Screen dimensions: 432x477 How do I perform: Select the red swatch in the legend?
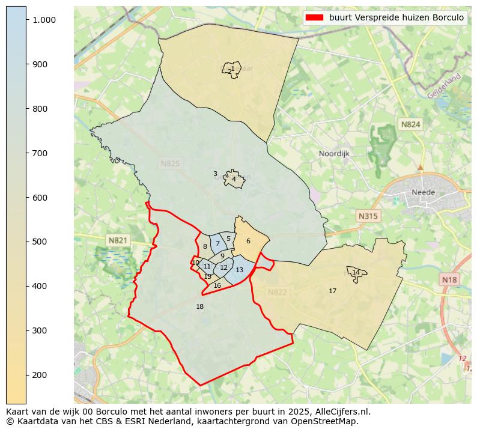click(314, 17)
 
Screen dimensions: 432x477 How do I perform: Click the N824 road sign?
click(411, 124)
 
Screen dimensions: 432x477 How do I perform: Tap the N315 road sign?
click(368, 216)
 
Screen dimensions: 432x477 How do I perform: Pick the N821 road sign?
click(118, 240)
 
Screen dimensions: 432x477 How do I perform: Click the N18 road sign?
click(449, 279)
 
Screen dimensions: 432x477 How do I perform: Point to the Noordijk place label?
click(334, 154)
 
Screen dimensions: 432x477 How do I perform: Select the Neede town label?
click(423, 192)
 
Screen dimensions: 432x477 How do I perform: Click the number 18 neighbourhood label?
click(200, 306)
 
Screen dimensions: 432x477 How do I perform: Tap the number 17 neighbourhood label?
click(332, 291)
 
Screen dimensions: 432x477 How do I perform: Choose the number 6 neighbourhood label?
click(248, 241)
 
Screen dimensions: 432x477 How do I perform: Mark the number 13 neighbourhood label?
click(239, 270)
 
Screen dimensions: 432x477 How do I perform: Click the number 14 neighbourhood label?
click(356, 272)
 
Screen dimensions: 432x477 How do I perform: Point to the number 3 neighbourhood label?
click(215, 174)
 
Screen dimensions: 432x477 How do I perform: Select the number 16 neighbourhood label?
click(217, 285)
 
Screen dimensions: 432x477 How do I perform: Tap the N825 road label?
click(170, 163)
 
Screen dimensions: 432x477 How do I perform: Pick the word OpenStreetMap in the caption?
click(324, 421)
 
